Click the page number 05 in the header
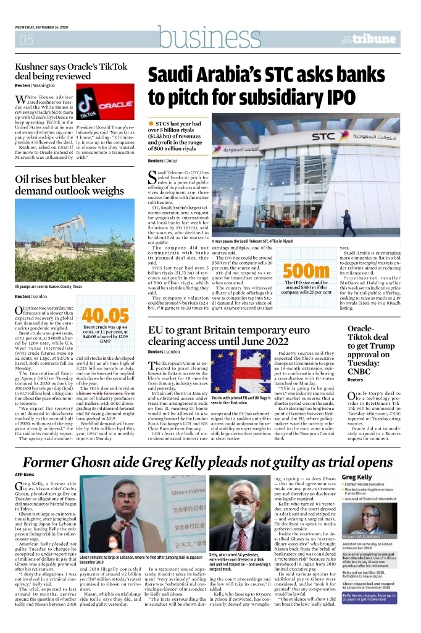coord(26,40)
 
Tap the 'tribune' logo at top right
coord(376,39)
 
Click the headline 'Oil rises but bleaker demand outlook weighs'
coord(69,185)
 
